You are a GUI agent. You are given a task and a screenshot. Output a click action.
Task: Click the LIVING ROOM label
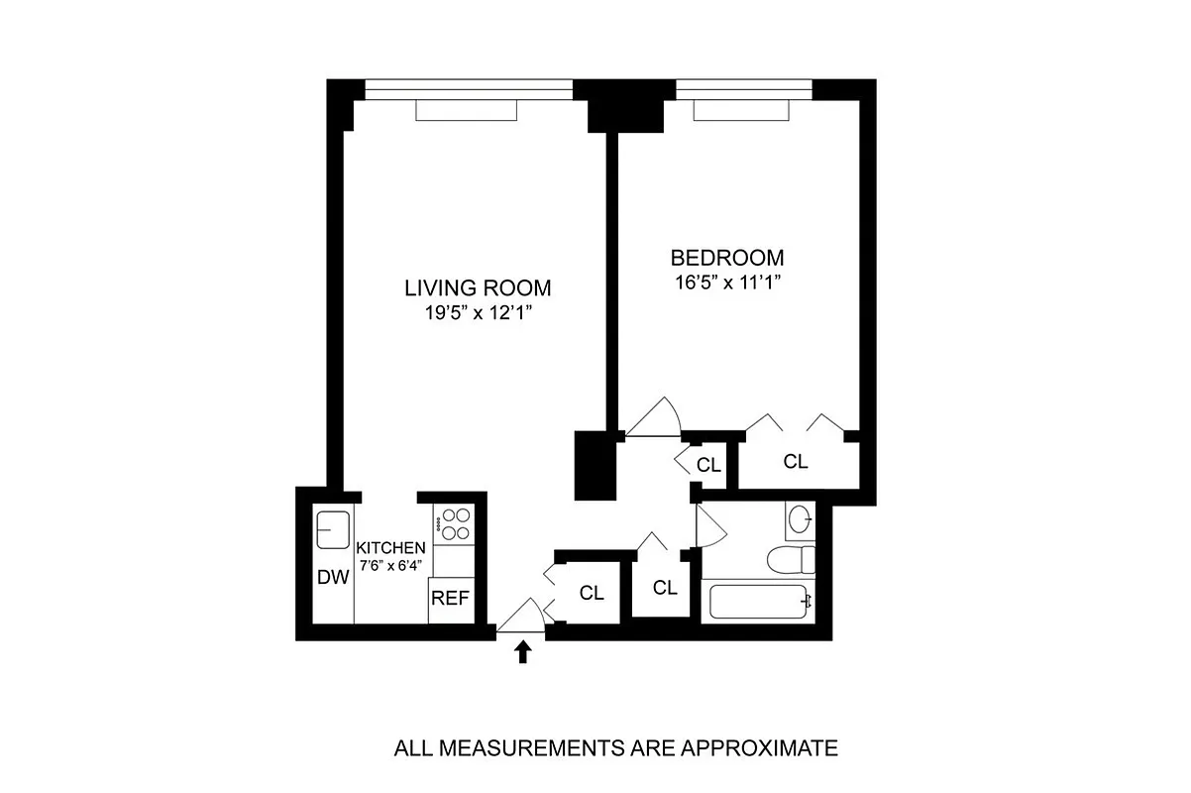click(477, 288)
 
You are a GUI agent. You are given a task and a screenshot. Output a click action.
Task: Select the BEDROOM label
click(727, 258)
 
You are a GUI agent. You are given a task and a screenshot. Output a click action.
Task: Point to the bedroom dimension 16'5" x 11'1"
click(727, 282)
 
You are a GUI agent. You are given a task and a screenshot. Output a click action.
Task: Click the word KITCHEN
click(391, 548)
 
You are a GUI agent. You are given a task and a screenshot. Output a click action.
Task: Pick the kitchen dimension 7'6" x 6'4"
click(391, 565)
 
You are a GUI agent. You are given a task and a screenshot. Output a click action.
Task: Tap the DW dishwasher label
click(333, 577)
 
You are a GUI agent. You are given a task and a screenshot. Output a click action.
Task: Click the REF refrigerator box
click(451, 599)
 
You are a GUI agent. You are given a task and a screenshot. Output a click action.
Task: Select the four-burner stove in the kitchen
click(455, 524)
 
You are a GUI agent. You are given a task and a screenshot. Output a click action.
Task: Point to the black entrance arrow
click(523, 651)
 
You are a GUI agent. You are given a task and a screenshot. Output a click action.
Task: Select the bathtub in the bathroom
click(757, 601)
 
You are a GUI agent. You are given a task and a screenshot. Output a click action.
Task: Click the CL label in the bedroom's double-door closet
click(796, 461)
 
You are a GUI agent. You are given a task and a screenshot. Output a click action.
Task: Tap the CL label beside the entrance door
click(592, 593)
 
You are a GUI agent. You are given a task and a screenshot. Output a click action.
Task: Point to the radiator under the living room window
click(467, 111)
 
